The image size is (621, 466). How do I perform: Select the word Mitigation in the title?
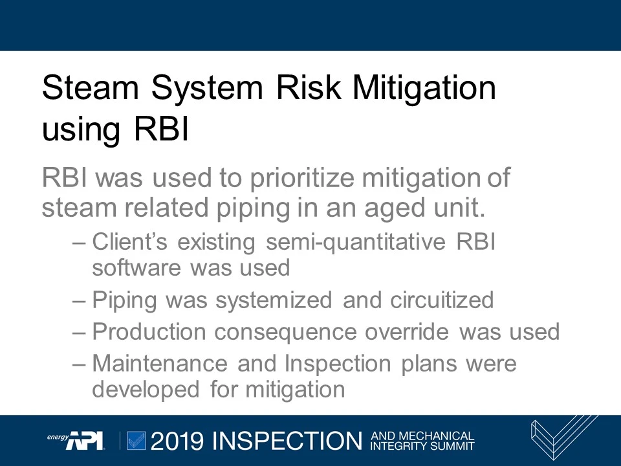[424, 87]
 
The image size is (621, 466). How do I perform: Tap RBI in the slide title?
[161, 129]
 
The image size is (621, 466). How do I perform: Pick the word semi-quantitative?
[356, 241]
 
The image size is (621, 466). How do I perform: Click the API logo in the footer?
[84, 440]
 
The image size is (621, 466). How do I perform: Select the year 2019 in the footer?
[177, 441]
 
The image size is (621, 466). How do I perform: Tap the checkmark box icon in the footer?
[136, 440]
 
